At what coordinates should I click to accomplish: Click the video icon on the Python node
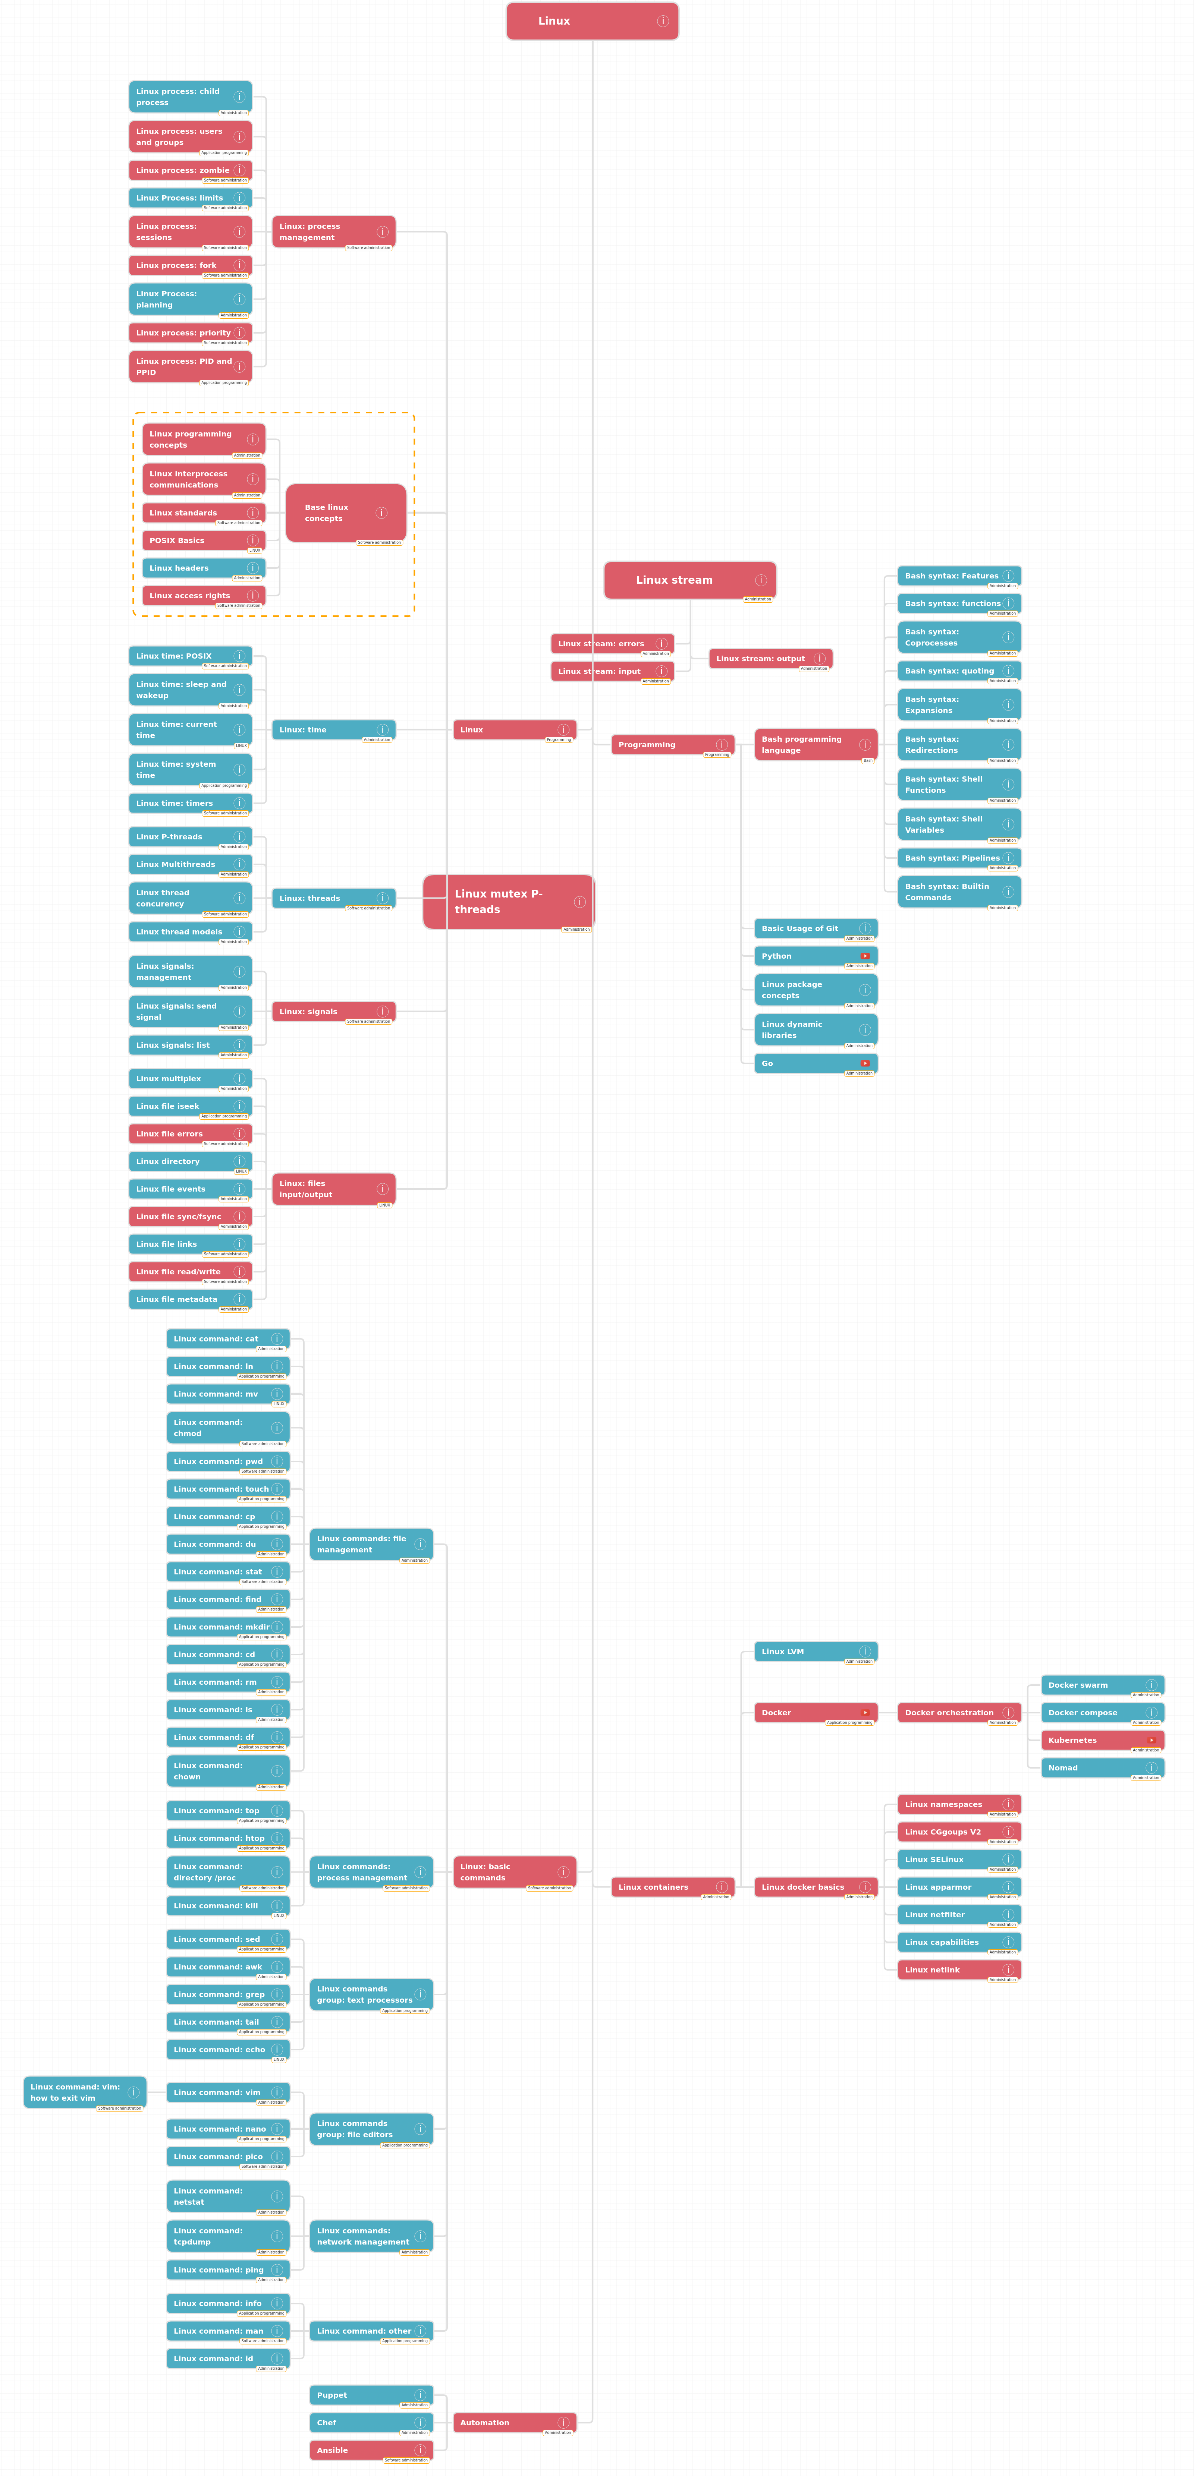tap(864, 955)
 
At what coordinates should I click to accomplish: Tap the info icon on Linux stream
tap(760, 580)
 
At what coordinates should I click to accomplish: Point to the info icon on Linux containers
tap(721, 1887)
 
